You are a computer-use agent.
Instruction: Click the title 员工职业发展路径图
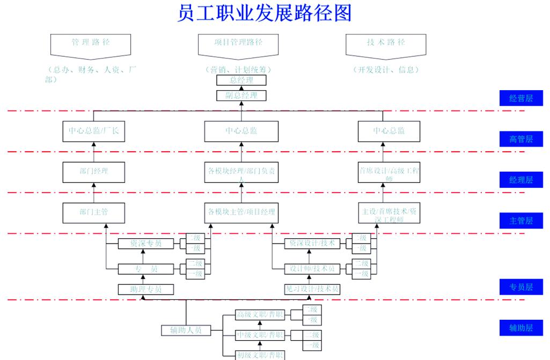(264, 13)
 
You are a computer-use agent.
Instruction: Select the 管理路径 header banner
(90, 45)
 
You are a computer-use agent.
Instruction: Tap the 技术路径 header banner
(386, 45)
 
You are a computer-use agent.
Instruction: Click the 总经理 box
(241, 80)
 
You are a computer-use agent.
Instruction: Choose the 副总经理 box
(241, 95)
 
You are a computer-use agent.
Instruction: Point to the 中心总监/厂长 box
(94, 131)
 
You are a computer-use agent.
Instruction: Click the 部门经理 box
(94, 172)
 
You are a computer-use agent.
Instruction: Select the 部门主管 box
(94, 212)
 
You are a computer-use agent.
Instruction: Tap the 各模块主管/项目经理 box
(241, 212)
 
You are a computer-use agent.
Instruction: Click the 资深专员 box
(146, 244)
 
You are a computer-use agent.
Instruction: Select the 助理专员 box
(146, 289)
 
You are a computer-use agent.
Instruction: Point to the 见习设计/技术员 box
(312, 289)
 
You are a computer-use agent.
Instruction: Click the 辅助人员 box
(186, 330)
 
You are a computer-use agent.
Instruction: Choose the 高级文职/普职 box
(260, 314)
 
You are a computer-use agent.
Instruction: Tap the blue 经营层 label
(520, 98)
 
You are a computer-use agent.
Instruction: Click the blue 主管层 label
(520, 221)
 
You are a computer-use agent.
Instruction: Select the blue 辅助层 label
(520, 328)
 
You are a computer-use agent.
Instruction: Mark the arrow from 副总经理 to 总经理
(241, 88)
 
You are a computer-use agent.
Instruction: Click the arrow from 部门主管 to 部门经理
(94, 193)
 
